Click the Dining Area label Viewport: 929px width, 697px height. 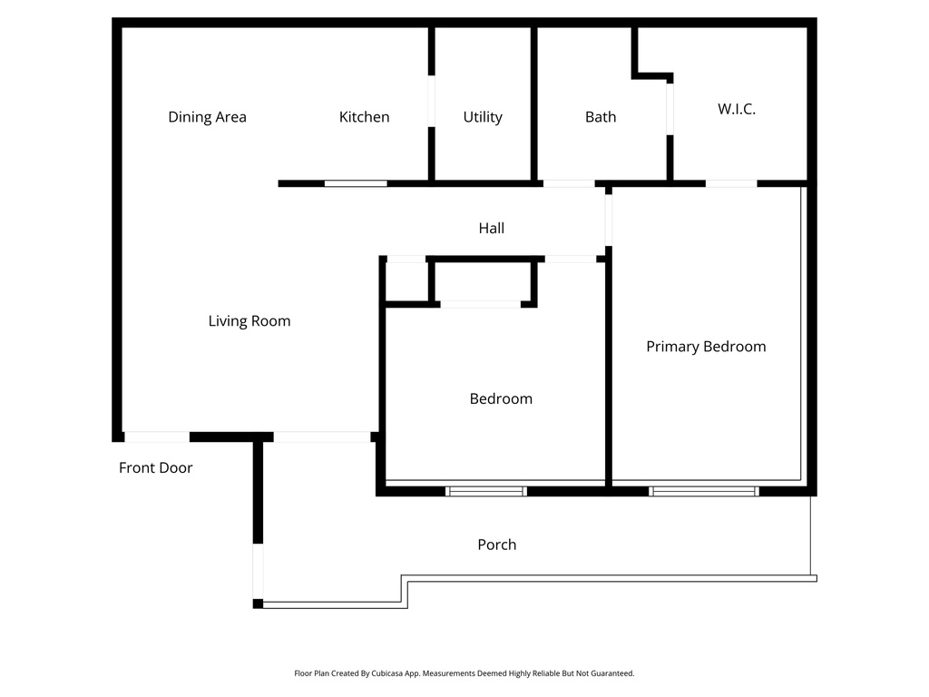207,117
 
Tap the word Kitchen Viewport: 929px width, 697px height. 364,117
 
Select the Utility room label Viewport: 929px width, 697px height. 483,117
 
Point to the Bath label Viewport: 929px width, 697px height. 601,117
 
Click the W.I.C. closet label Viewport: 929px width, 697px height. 737,109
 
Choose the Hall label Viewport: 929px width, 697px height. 492,229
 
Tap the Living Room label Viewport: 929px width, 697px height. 249,321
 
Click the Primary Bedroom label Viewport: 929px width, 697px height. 706,347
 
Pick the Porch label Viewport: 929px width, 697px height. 497,545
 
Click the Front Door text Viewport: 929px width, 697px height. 156,468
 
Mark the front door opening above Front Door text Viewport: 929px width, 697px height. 156,437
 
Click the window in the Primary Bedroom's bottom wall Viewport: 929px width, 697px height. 703,491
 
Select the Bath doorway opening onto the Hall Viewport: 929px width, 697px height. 569,183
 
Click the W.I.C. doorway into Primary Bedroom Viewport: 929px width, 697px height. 731,183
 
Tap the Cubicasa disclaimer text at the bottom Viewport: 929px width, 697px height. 464,673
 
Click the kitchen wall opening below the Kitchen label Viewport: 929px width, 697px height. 356,183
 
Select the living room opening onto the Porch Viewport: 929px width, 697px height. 322,437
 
